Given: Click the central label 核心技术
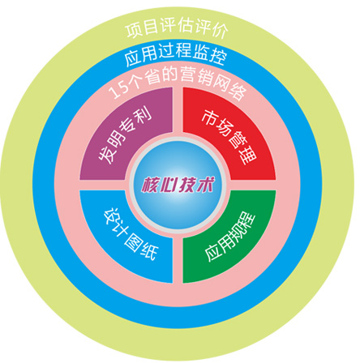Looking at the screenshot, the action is (x=178, y=185).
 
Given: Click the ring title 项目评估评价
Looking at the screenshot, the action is (x=177, y=28).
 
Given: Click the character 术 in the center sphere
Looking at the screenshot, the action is (x=205, y=184).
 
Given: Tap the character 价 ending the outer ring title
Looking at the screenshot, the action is (x=219, y=30).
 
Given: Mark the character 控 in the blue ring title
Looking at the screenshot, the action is (x=217, y=56).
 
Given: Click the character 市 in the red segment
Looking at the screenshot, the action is (x=209, y=118).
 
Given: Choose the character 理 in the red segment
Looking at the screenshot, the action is (x=247, y=156).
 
